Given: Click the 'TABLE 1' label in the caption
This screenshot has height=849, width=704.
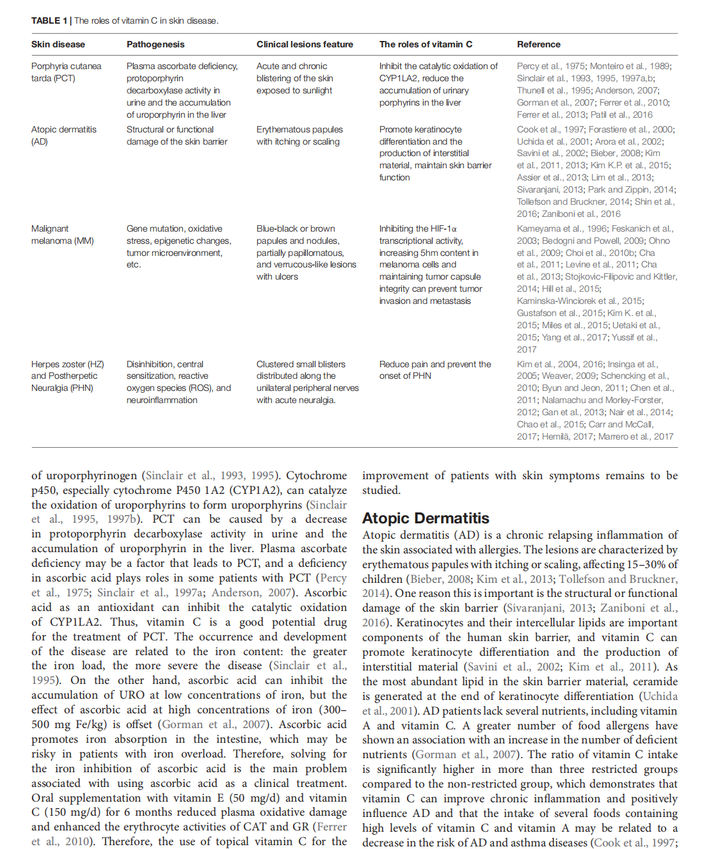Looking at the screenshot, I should click(49, 20).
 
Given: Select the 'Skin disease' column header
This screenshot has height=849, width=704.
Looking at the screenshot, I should click(58, 44).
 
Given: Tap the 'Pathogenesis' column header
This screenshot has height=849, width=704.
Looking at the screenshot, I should click(156, 44).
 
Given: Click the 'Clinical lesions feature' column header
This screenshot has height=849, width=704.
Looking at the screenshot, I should click(305, 44).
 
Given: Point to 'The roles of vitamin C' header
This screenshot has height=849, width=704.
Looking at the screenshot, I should click(426, 44).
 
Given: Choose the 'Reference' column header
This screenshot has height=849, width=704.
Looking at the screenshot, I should click(538, 44).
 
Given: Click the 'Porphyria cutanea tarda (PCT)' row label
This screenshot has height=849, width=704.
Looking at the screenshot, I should click(66, 72).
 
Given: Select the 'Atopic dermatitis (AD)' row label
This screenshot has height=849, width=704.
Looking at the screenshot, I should click(63, 135).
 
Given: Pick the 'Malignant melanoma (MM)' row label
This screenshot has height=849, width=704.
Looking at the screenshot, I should click(62, 234).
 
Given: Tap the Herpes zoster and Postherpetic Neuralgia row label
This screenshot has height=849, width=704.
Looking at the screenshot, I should click(67, 376).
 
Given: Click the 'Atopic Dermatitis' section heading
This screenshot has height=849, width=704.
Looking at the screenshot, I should click(426, 518).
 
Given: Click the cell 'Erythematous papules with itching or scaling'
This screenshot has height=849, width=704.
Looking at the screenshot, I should click(299, 135).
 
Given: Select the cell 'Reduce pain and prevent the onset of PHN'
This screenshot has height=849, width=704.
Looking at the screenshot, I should click(435, 370).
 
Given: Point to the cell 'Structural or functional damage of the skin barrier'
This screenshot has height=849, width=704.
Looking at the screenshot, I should click(177, 135).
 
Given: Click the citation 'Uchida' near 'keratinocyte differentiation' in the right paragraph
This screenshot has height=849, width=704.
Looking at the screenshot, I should click(659, 696).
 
